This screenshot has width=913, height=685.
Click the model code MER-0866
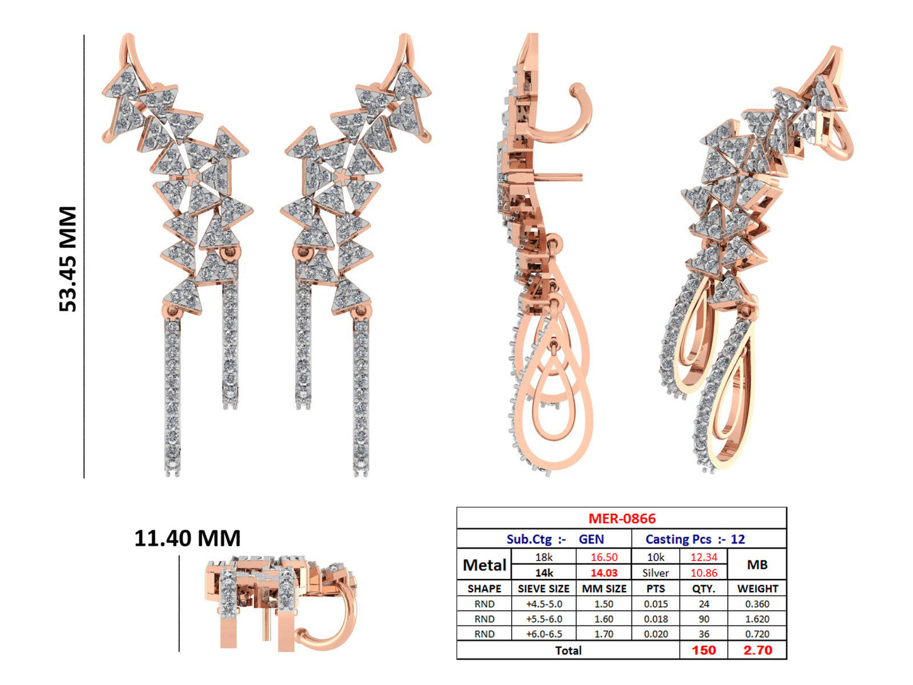tap(622, 519)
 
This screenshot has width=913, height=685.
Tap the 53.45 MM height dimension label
tap(68, 258)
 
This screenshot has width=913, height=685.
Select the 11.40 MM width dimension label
tap(187, 538)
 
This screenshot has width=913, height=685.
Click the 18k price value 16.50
tap(603, 557)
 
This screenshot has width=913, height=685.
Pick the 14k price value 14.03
tap(603, 573)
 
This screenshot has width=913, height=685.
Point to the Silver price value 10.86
tap(703, 573)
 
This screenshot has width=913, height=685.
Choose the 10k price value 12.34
tap(703, 557)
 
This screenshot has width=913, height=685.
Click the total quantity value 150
tap(703, 650)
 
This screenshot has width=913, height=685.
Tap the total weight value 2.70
tap(757, 650)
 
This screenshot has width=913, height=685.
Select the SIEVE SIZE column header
tap(543, 589)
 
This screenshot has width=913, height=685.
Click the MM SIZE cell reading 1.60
tap(603, 619)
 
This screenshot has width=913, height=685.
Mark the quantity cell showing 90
tap(703, 619)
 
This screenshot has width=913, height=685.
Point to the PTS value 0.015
tap(656, 604)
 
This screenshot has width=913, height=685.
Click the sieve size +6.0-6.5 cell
tap(543, 634)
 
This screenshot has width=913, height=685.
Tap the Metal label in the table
tap(484, 565)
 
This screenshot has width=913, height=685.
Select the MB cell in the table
tap(757, 565)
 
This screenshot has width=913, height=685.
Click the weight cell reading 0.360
tap(757, 604)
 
